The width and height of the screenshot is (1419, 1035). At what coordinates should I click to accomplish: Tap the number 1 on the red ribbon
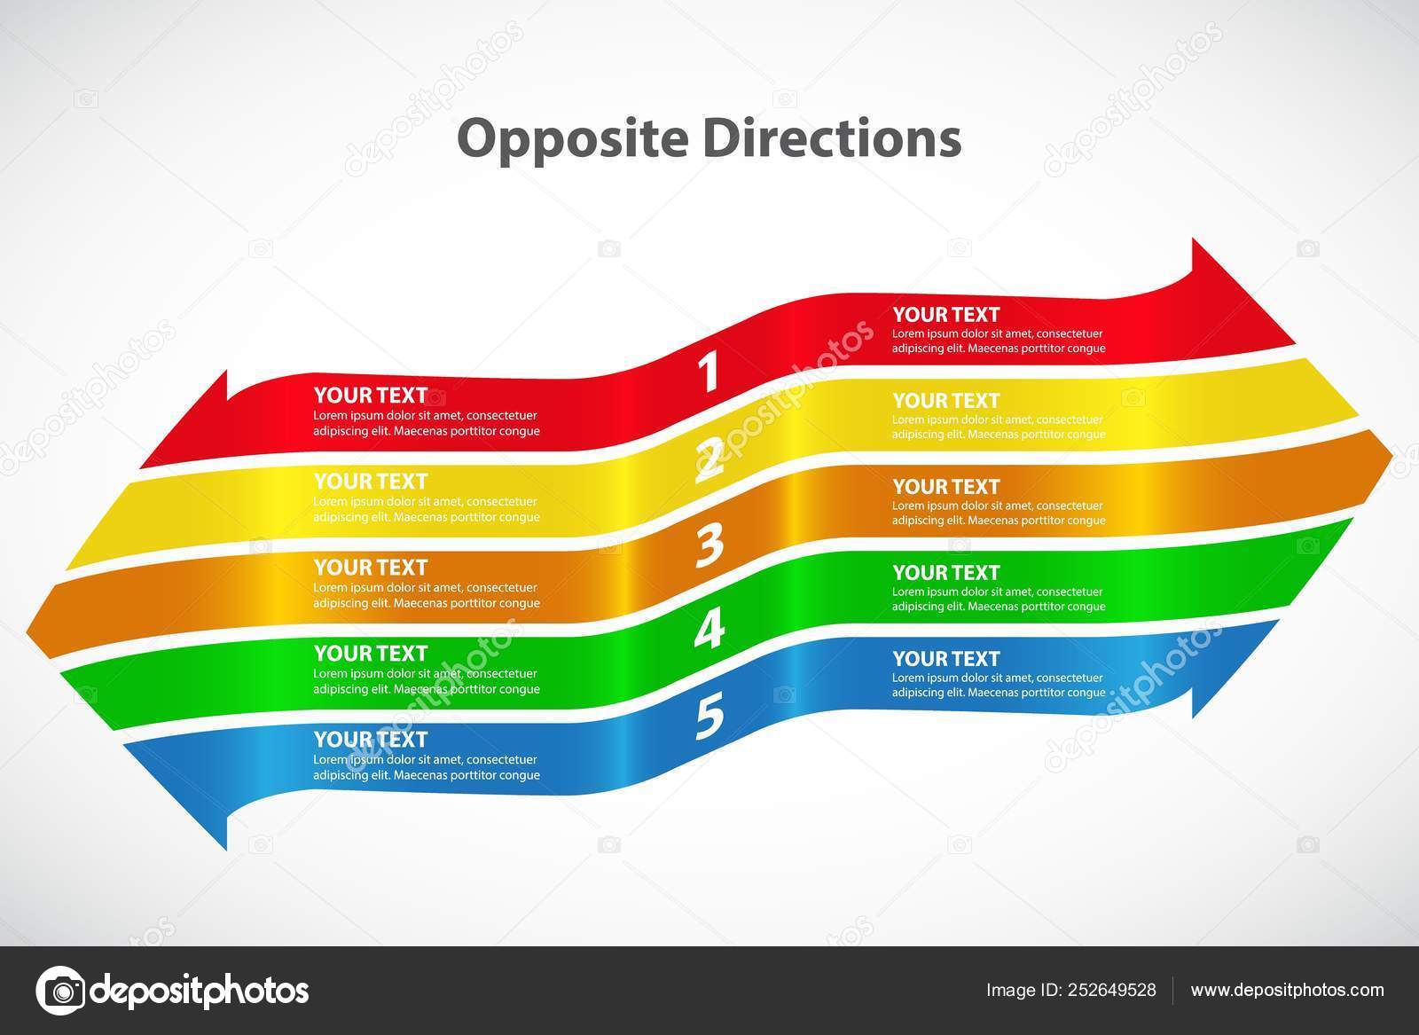point(708,372)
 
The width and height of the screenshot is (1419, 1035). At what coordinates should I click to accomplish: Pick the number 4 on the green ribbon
point(709,630)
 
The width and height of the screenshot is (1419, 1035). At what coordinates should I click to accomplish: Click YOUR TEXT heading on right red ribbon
point(945,314)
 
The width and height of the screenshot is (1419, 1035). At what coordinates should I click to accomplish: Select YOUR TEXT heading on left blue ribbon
point(370,739)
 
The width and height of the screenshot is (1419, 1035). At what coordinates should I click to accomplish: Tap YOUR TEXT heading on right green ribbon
point(945,572)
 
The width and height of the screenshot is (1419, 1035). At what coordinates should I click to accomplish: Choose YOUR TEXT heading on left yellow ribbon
point(370,481)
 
